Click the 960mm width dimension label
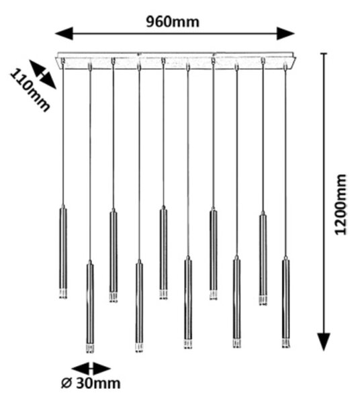[173, 22]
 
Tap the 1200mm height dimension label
[341, 205]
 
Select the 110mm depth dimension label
[30, 90]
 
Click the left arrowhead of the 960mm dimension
[64, 34]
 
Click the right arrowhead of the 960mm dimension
[285, 34]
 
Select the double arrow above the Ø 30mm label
[91, 369]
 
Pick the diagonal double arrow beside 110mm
[43, 75]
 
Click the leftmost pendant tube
[63, 252]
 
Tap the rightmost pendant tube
[285, 302]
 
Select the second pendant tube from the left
[90, 307]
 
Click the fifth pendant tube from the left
[163, 253]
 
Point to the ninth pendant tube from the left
[263, 259]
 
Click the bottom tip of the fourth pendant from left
[139, 351]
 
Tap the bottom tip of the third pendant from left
[114, 302]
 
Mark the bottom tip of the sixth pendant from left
[188, 348]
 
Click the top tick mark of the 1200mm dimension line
[324, 54]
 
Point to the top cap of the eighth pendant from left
[236, 257]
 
